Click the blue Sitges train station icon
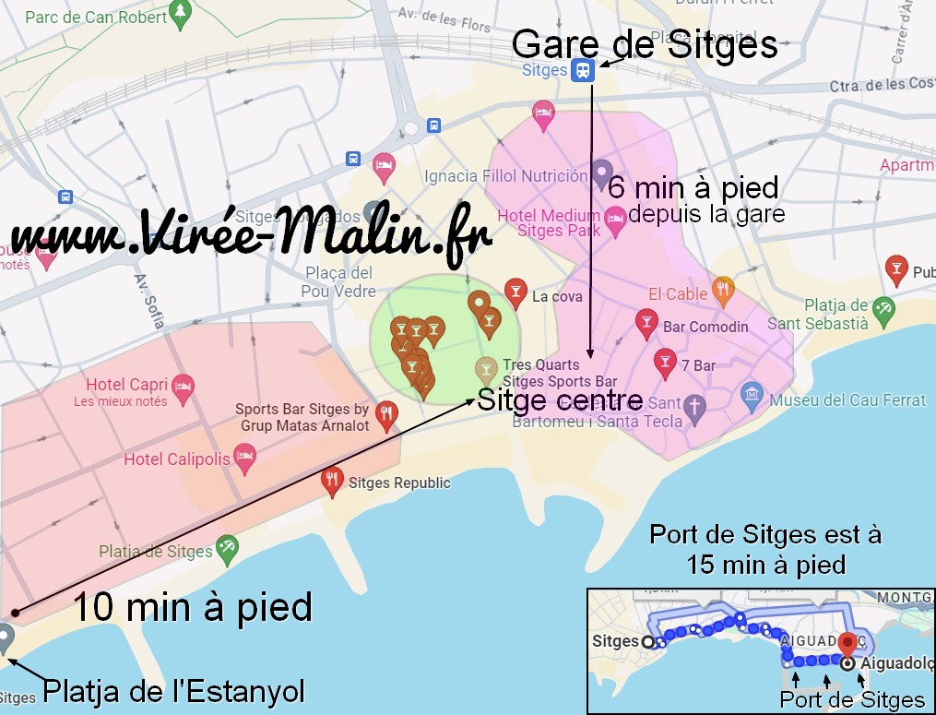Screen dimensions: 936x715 click(x=583, y=70)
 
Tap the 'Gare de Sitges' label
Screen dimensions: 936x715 click(x=645, y=44)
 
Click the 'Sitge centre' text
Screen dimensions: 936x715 click(x=560, y=400)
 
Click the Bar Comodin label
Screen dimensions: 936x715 click(x=705, y=327)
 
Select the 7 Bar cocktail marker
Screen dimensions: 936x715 click(x=664, y=363)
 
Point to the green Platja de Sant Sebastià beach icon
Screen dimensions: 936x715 click(x=883, y=308)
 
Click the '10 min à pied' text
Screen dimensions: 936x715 click(x=192, y=608)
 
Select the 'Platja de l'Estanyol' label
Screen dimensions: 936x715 click(x=174, y=690)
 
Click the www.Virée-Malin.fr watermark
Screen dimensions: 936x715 click(x=249, y=235)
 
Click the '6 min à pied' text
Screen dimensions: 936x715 click(x=693, y=188)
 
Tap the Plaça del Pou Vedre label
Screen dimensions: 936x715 click(x=338, y=281)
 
